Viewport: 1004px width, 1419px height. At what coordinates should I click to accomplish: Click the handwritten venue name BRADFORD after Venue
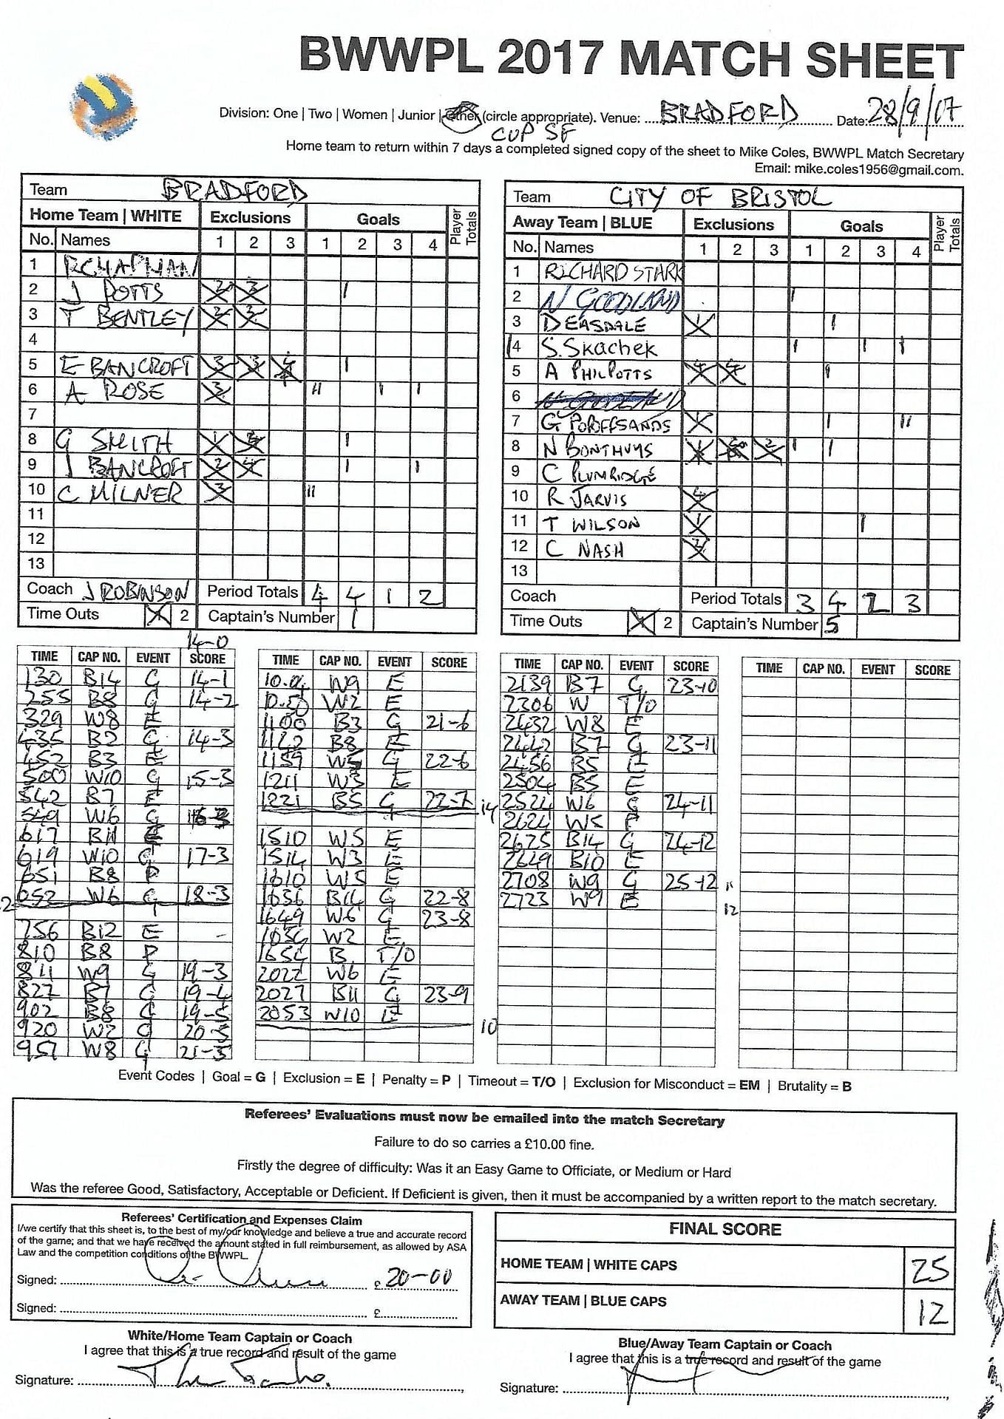pyautogui.click(x=728, y=113)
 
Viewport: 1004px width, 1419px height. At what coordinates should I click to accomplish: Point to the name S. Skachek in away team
pyautogui.click(x=599, y=347)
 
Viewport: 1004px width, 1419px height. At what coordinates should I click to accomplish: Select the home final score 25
pyautogui.click(x=929, y=1269)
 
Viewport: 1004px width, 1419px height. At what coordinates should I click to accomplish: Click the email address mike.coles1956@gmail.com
pyautogui.click(x=878, y=169)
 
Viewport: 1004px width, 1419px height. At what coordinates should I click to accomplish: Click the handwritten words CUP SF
pyautogui.click(x=533, y=135)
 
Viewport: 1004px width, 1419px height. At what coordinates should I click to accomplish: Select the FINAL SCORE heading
pyautogui.click(x=725, y=1229)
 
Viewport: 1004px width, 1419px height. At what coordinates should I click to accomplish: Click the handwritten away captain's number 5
pyautogui.click(x=832, y=625)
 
